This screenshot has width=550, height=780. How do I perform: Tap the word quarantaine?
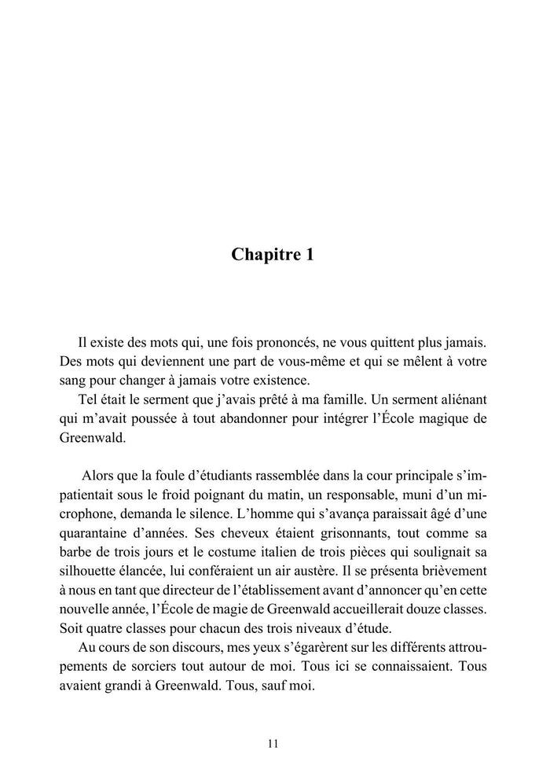(90, 534)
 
